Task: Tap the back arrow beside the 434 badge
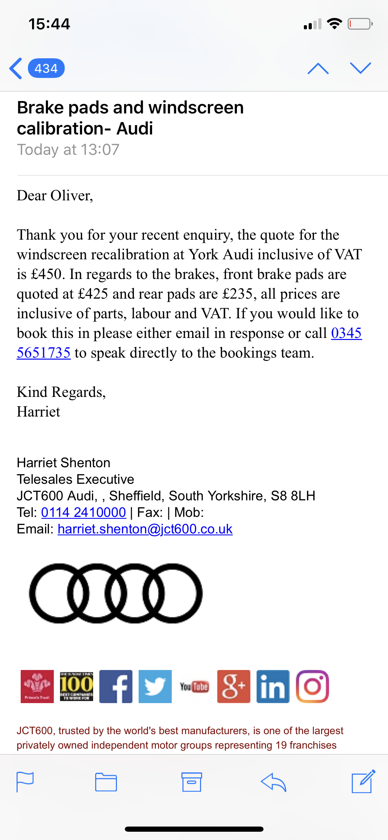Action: (16, 68)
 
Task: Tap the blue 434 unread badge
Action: (46, 68)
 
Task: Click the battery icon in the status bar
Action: (360, 24)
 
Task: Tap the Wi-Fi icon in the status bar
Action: (334, 24)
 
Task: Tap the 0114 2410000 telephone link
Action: (83, 512)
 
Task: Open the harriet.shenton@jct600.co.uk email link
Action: (145, 529)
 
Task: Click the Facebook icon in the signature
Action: (116, 686)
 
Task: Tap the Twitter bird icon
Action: (155, 686)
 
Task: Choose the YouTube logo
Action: (194, 687)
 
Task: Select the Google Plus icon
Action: (234, 686)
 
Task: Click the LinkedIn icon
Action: (273, 686)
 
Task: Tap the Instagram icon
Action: (312, 686)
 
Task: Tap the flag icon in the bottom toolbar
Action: (25, 782)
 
